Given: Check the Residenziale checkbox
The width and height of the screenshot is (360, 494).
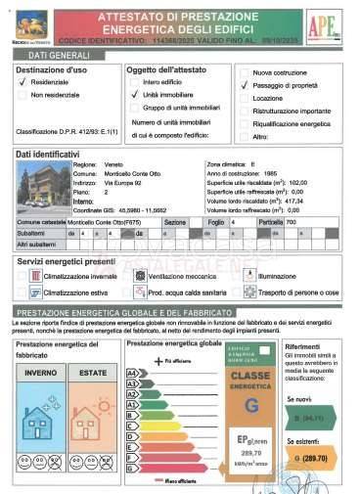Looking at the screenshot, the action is tap(22, 83).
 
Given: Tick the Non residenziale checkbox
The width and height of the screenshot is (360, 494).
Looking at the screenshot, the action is tap(22, 95).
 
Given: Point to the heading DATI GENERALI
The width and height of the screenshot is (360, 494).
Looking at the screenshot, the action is tap(50, 58).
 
